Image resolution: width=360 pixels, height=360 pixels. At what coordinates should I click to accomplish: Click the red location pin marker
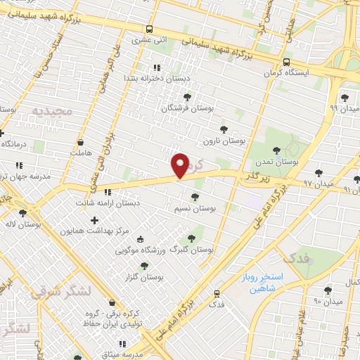[x=181, y=165]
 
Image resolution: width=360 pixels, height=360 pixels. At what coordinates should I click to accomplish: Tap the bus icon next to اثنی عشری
[x=149, y=29]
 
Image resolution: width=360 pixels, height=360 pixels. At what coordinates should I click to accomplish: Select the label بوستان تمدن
[x=278, y=161]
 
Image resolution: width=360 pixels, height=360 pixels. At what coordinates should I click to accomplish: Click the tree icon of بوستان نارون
[x=224, y=129]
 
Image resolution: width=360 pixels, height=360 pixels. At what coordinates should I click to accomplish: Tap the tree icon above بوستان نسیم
[x=195, y=196]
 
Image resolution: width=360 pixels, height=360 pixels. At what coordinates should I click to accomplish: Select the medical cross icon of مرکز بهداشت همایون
[x=95, y=220]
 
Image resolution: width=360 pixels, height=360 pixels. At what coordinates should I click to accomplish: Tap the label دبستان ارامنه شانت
[x=109, y=203]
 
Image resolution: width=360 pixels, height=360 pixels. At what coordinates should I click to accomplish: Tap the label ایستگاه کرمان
[x=287, y=72]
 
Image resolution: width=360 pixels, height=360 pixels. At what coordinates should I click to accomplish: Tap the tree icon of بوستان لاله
[x=23, y=213]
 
